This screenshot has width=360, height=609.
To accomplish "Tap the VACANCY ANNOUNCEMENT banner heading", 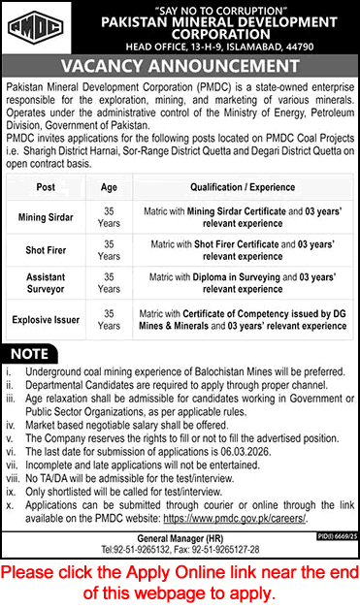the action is point(180,66).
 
